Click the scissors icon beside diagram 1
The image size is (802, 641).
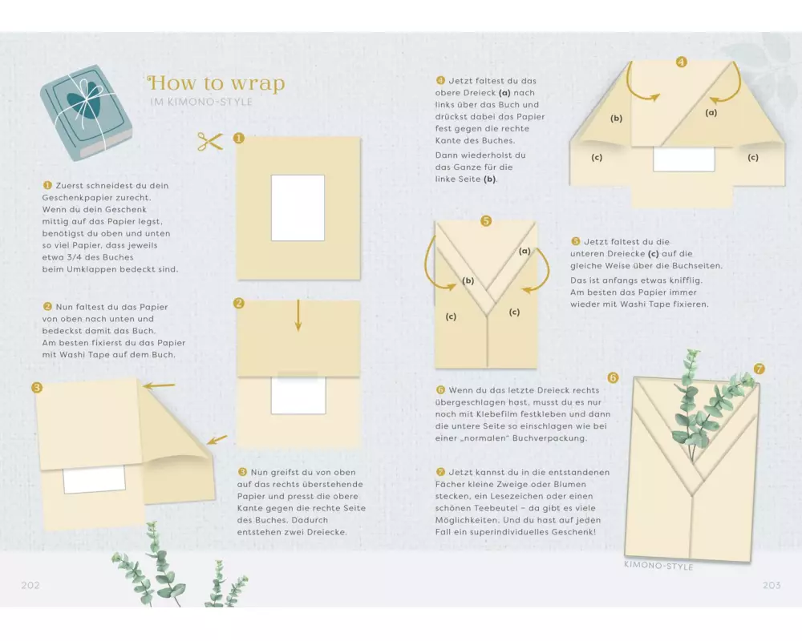(209, 142)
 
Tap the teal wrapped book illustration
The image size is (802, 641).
(86, 112)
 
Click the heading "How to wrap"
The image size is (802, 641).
(216, 83)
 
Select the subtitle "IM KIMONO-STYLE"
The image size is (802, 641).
(201, 102)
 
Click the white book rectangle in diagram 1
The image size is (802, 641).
(298, 208)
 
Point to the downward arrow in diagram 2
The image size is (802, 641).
(298, 316)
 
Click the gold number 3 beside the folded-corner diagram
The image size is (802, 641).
(37, 388)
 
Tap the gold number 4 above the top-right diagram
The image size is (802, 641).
(681, 62)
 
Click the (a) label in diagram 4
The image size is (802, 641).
(711, 112)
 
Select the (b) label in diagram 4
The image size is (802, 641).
(616, 118)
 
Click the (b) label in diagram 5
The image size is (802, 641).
(468, 280)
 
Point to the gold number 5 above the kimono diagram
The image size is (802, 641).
(486, 221)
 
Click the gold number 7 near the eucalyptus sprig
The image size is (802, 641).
(759, 369)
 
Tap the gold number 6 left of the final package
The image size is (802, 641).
(613, 377)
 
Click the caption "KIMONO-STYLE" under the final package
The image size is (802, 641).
(658, 566)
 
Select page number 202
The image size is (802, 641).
(30, 585)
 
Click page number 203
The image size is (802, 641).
(772, 585)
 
